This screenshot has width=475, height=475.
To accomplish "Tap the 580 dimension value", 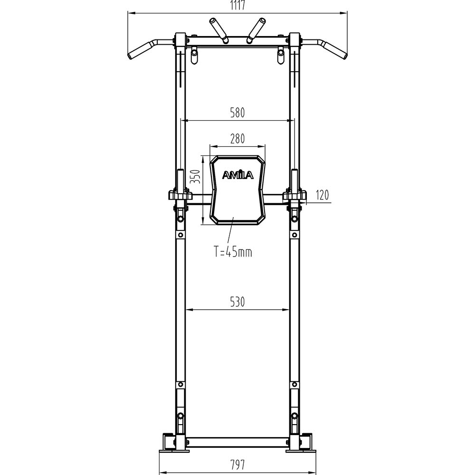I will coord(237,113).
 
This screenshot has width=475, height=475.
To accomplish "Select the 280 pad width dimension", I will coord(237,139).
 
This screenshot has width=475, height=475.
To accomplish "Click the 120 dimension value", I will coord(322,195).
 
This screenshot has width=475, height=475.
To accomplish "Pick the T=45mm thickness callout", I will coord(232,252).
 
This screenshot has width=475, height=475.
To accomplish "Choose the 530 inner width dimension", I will coord(237,302).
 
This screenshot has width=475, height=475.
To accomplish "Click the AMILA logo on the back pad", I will coord(238,175).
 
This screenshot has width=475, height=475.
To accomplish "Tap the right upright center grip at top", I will coord(256,29).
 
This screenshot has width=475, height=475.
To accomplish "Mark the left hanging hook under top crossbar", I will coord(193,56).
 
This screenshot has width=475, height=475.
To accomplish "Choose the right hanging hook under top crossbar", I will coord(281,56).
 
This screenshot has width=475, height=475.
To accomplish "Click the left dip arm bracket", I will coord(180,195).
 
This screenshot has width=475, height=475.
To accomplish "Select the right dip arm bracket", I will coord(294,195).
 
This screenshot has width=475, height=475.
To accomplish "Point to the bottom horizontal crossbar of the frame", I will coord(237,442).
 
